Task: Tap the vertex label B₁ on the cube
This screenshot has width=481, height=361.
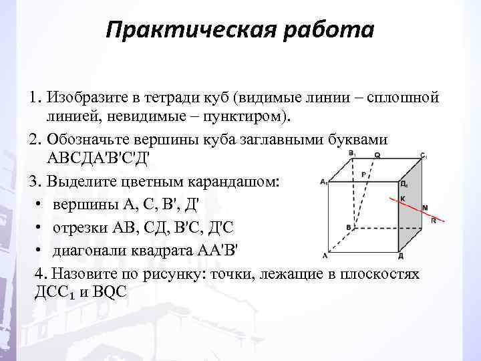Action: coord(351,154)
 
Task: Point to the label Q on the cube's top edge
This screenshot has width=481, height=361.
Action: coord(378,154)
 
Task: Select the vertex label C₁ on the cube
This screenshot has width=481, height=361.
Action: coord(424,156)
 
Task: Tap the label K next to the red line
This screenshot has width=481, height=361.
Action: coord(402,198)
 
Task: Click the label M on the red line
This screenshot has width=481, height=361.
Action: coord(426,208)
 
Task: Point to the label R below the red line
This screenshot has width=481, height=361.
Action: coord(434,221)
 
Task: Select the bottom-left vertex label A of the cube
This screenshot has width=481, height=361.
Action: coord(325,255)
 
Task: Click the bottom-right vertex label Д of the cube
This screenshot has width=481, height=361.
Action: coord(400,256)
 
